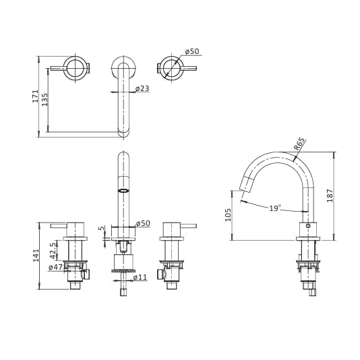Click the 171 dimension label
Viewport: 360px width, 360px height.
pos(36,95)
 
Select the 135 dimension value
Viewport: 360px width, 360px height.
pos(45,99)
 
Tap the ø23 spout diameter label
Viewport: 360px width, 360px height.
pos(142,89)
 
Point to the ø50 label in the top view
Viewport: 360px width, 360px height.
pos(192,52)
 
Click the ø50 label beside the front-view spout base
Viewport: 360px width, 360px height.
pos(143,224)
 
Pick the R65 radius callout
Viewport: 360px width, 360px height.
pos(299,144)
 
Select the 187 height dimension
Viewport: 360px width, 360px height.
pos(330,196)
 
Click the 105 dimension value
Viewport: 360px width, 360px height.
pos(229,214)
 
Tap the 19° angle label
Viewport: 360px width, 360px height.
pos(275,208)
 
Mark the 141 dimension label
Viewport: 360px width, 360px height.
pos(36,255)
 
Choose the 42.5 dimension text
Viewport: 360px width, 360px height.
pos(53,251)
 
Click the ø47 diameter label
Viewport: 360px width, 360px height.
pos(55,268)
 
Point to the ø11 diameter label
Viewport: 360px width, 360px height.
pos(140,278)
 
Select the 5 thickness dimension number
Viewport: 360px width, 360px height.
pos(102,228)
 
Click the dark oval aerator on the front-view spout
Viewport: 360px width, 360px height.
pos(123,191)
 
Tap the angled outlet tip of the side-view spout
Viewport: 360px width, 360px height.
pos(246,183)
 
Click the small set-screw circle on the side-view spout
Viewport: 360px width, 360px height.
pos(308,226)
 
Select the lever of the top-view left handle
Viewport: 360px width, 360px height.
pos(58,68)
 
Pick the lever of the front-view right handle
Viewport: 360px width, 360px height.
pos(188,226)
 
